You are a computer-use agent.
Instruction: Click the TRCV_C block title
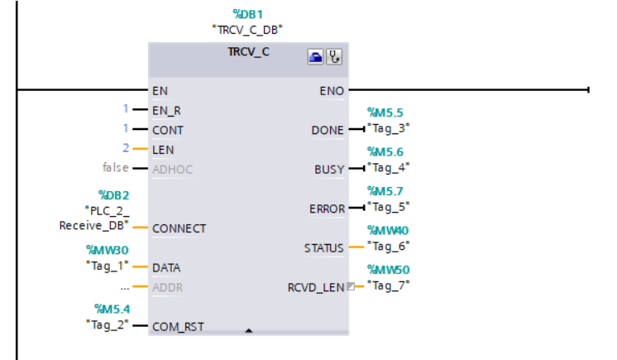click(248, 52)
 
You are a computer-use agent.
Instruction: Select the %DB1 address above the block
click(247, 14)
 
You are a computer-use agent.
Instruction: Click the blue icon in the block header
click(315, 57)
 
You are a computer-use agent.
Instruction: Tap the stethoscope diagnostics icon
click(334, 57)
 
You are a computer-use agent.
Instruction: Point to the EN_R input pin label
click(166, 111)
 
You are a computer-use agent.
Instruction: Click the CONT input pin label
click(168, 131)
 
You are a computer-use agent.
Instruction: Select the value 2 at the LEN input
click(126, 148)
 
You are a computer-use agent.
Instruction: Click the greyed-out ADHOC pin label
click(172, 170)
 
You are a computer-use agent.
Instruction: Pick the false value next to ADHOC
click(116, 167)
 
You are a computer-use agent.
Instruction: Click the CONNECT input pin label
click(179, 229)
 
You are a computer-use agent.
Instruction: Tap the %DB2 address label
click(113, 195)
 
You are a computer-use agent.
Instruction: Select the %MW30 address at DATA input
click(108, 250)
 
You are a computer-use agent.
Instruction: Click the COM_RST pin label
click(178, 327)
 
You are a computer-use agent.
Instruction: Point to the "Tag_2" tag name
click(107, 325)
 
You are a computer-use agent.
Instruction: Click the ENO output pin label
click(332, 91)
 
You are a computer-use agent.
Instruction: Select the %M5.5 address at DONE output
click(385, 113)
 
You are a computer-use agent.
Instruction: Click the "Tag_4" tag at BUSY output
click(389, 168)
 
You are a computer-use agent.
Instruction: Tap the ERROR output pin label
click(327, 209)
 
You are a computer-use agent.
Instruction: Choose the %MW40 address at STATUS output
click(388, 230)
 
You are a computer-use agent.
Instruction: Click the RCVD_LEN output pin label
click(316, 288)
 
